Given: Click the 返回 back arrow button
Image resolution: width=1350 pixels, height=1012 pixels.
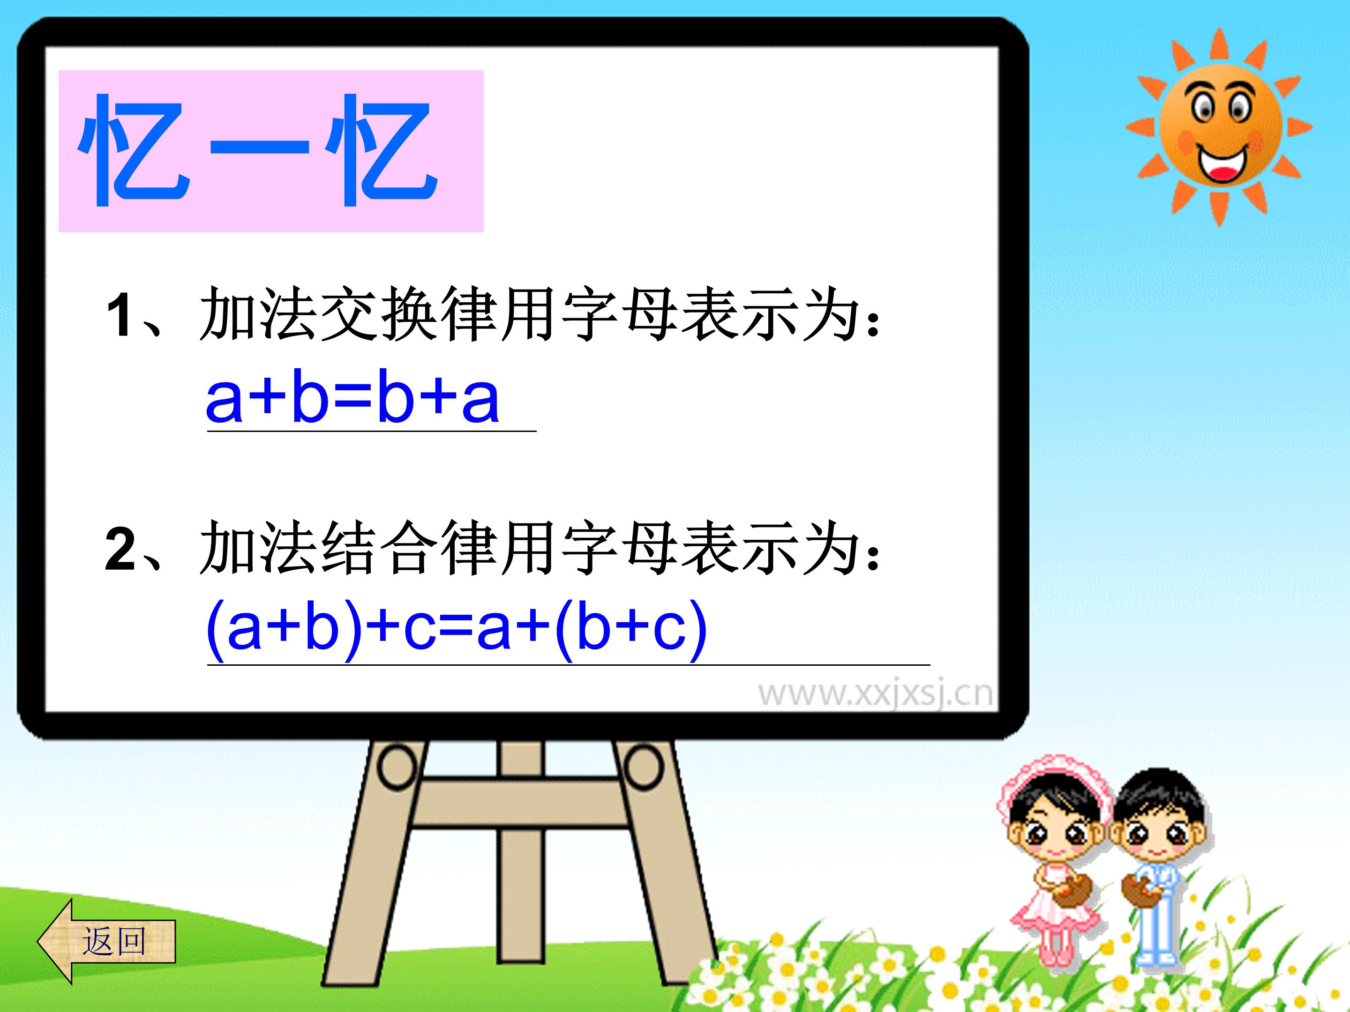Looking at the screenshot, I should click(x=107, y=941).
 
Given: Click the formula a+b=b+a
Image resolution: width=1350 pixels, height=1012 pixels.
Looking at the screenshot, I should click(x=353, y=399).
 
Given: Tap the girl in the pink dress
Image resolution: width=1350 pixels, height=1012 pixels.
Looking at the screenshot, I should click(x=1055, y=866).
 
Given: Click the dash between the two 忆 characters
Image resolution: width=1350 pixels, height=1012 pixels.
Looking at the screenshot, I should click(x=259, y=146).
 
